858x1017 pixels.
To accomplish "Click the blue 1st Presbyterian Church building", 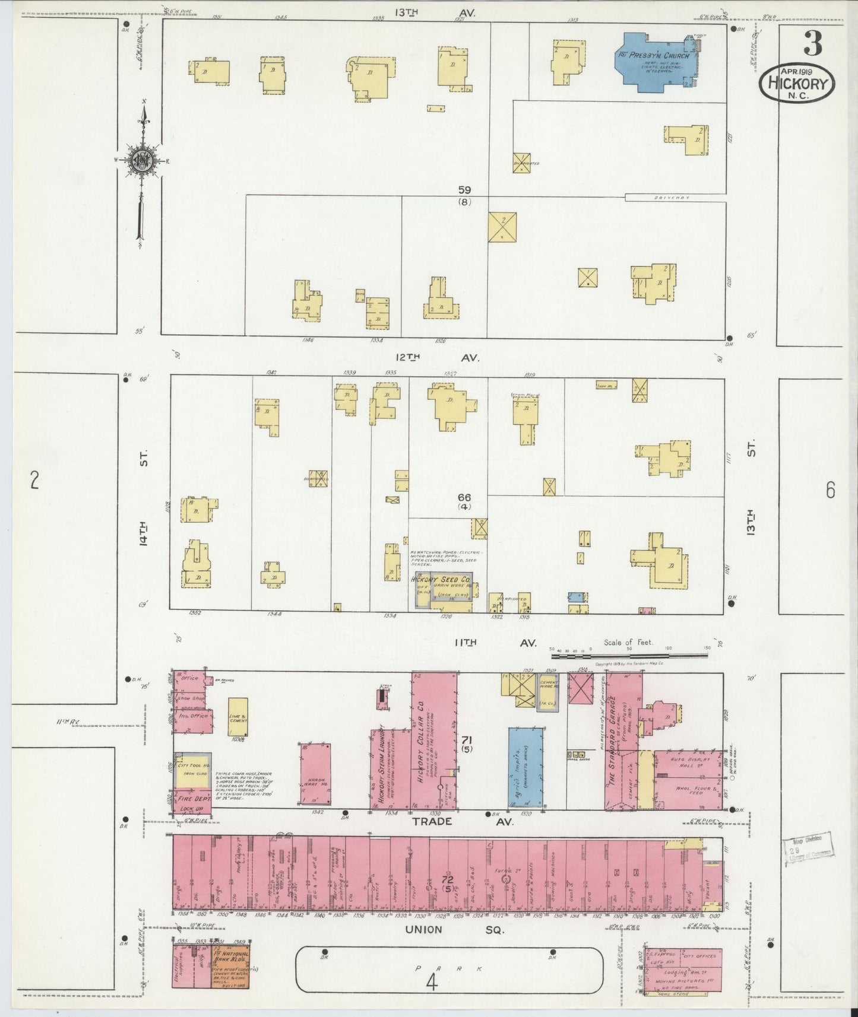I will coord(653,63).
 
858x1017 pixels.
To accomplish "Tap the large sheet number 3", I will coord(813,43).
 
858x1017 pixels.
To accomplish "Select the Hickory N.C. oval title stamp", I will coord(797,84).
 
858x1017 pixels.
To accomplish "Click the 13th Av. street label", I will coord(426,12).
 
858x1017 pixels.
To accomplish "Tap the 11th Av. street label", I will coord(495,643).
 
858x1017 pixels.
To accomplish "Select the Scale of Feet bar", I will coord(629,656).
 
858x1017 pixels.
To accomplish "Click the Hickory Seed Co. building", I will coord(443,590).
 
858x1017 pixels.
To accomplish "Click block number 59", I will coord(464,190).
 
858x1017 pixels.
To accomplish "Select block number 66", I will coord(464,497).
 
